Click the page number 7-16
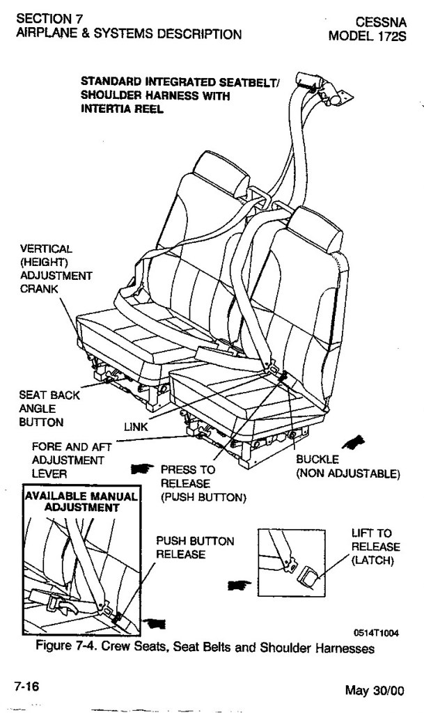pos(26,687)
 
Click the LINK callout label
pos(136,427)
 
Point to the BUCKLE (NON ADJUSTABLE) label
pos(347,467)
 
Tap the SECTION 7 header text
pos(45,19)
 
